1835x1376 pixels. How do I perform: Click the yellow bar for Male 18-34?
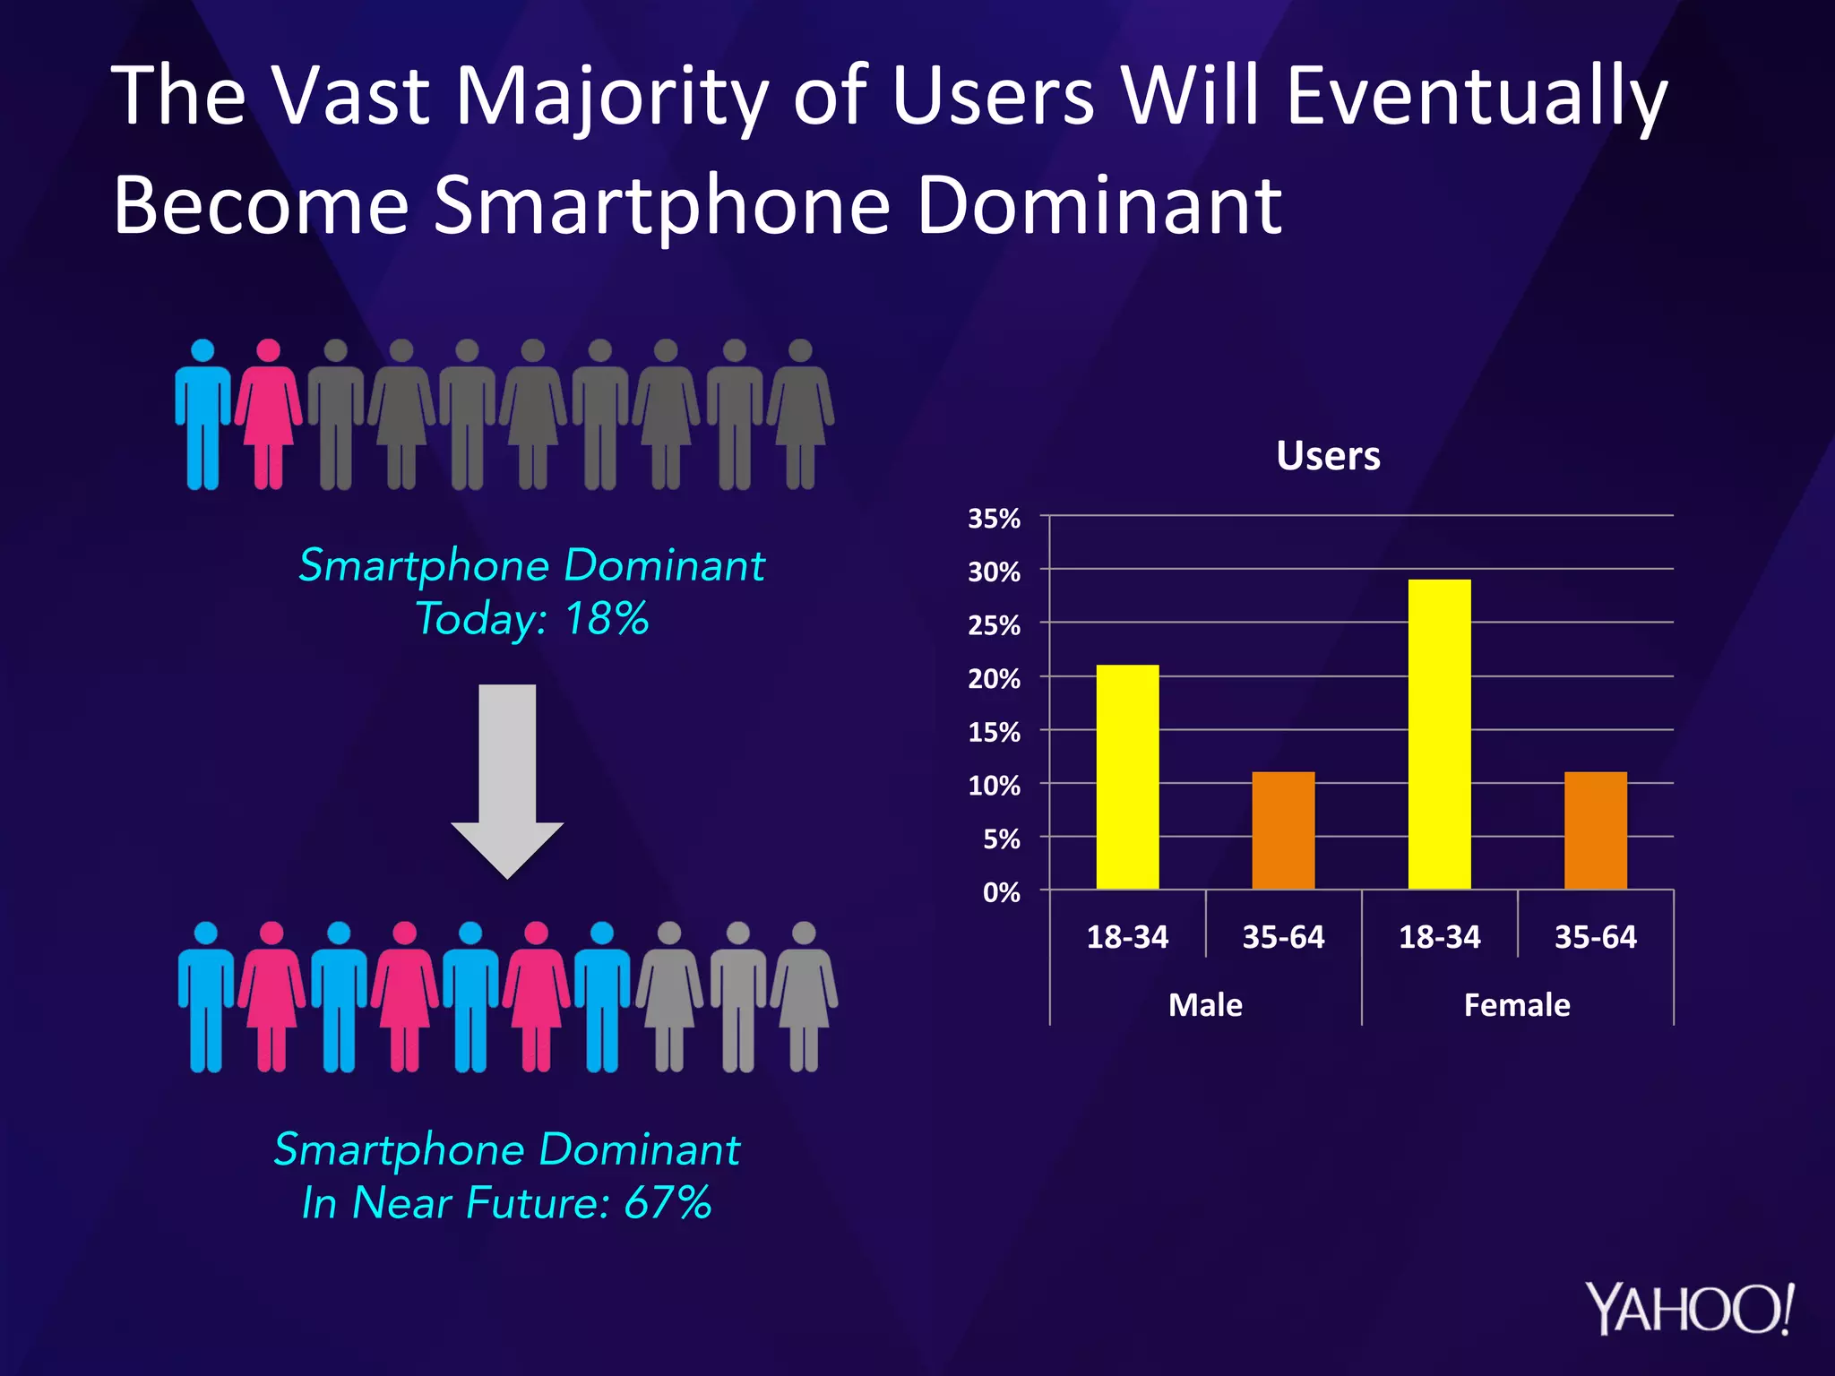[x=1127, y=777]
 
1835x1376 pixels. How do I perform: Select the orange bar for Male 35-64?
[x=1283, y=830]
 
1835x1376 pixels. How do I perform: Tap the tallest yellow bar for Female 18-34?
[x=1439, y=734]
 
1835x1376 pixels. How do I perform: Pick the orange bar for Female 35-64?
[x=1595, y=830]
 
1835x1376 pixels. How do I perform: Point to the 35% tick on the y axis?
[x=994, y=519]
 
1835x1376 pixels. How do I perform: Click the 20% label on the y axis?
[x=994, y=679]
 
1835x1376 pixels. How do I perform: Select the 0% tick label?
[x=1001, y=892]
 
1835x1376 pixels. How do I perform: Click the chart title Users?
[x=1328, y=456]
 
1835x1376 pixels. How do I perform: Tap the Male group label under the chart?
[x=1205, y=1005]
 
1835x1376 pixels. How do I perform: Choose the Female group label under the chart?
[x=1516, y=1005]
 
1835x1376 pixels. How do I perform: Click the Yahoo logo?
[x=1689, y=1310]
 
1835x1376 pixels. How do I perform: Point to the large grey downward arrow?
[x=507, y=779]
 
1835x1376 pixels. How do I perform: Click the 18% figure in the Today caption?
[x=607, y=619]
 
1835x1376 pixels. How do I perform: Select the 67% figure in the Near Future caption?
[x=668, y=1202]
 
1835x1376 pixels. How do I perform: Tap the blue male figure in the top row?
[x=203, y=421]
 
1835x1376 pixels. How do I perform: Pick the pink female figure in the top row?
[x=268, y=421]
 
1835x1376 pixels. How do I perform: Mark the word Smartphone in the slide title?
[x=662, y=205]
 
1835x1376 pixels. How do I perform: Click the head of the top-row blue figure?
[x=203, y=350]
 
